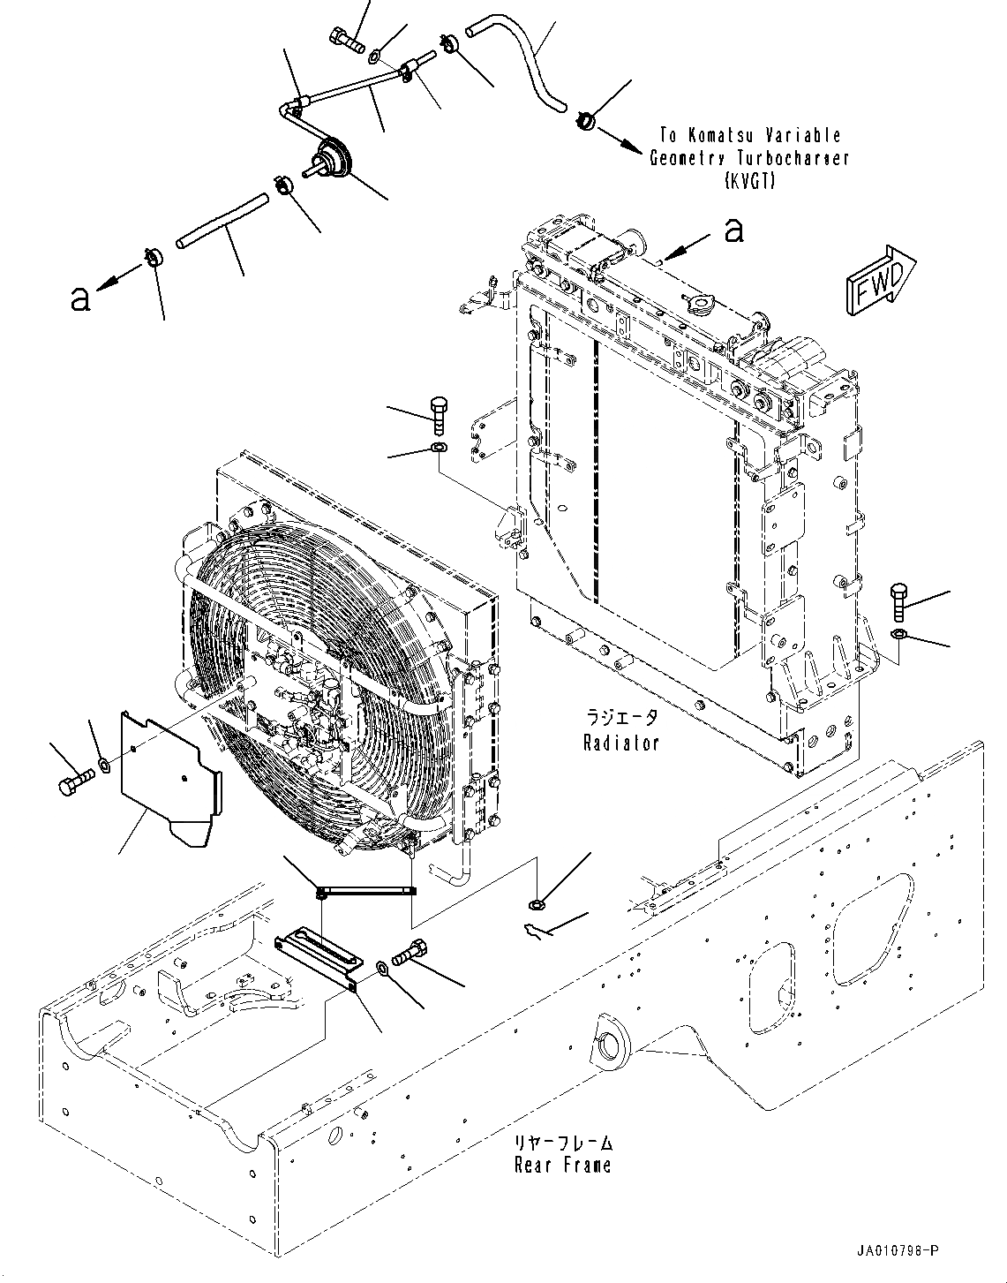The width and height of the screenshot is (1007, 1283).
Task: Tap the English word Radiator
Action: [620, 743]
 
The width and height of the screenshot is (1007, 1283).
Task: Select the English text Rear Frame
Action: [562, 1165]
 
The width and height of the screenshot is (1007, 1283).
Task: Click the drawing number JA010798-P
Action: [897, 1250]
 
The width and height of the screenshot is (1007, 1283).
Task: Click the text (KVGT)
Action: [750, 181]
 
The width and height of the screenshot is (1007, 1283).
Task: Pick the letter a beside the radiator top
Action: [733, 231]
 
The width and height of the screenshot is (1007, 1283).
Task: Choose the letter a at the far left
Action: [79, 299]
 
